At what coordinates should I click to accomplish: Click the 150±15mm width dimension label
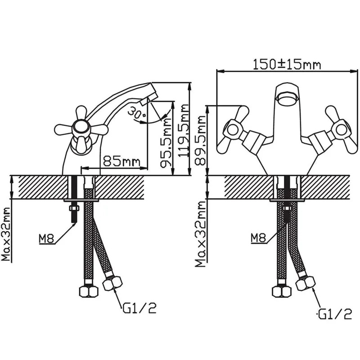[287, 64]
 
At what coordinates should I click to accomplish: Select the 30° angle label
[137, 113]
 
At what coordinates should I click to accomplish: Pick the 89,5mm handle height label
[200, 140]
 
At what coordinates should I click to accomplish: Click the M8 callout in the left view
[46, 239]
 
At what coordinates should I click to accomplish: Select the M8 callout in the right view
[258, 238]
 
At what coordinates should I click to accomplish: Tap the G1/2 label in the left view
[139, 308]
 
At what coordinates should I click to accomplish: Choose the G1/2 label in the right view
[335, 314]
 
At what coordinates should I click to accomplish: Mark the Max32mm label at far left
[6, 234]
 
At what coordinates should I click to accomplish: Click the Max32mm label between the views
[200, 234]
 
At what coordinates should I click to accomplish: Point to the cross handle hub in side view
[79, 129]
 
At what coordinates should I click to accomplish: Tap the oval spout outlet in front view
[287, 98]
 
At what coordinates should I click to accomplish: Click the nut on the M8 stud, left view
[74, 208]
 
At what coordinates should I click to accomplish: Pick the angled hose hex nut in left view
[112, 283]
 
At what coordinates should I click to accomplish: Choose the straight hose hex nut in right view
[282, 292]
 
